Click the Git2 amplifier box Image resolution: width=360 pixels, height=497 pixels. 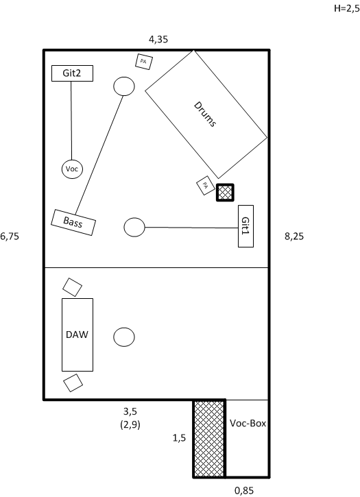[72, 73]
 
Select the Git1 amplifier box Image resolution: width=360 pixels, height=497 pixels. [245, 226]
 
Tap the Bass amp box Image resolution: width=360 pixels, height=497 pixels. [73, 222]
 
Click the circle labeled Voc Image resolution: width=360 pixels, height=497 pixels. [72, 169]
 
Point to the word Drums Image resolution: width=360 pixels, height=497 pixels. [205, 114]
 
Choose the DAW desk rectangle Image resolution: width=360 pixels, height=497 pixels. [77, 335]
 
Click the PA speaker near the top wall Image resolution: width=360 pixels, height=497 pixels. [144, 62]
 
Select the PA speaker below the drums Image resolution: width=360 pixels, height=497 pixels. [206, 185]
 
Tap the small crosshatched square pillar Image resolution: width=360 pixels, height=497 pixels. [225, 193]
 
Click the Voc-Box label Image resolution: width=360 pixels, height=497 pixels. [248, 423]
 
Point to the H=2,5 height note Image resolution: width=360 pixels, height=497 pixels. [347, 8]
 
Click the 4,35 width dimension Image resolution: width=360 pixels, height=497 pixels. [158, 39]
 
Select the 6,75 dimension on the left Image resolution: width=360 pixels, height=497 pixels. [10, 236]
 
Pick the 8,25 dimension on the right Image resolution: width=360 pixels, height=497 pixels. [294, 236]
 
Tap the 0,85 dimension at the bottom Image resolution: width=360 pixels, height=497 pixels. [244, 491]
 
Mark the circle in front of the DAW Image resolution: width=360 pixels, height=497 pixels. [124, 337]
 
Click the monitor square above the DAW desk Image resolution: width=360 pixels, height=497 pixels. [72, 287]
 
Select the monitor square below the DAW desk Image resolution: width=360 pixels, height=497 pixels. [73, 383]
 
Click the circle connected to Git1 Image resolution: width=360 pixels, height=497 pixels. [134, 227]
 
